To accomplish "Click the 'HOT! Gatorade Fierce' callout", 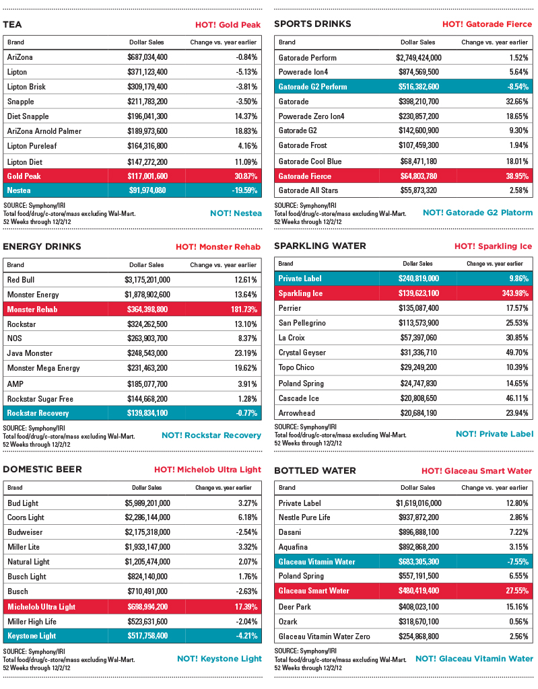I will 487,24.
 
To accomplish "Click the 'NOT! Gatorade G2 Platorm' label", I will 477,213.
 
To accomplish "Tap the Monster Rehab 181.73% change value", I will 240,310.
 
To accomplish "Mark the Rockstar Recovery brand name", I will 38,413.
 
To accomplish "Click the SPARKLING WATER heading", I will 320,246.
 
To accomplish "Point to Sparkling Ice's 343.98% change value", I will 511,293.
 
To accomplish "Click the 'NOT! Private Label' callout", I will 494,434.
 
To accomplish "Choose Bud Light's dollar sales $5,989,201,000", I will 147,503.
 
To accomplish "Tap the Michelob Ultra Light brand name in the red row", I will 41,606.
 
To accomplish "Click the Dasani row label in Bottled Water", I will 290,532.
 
